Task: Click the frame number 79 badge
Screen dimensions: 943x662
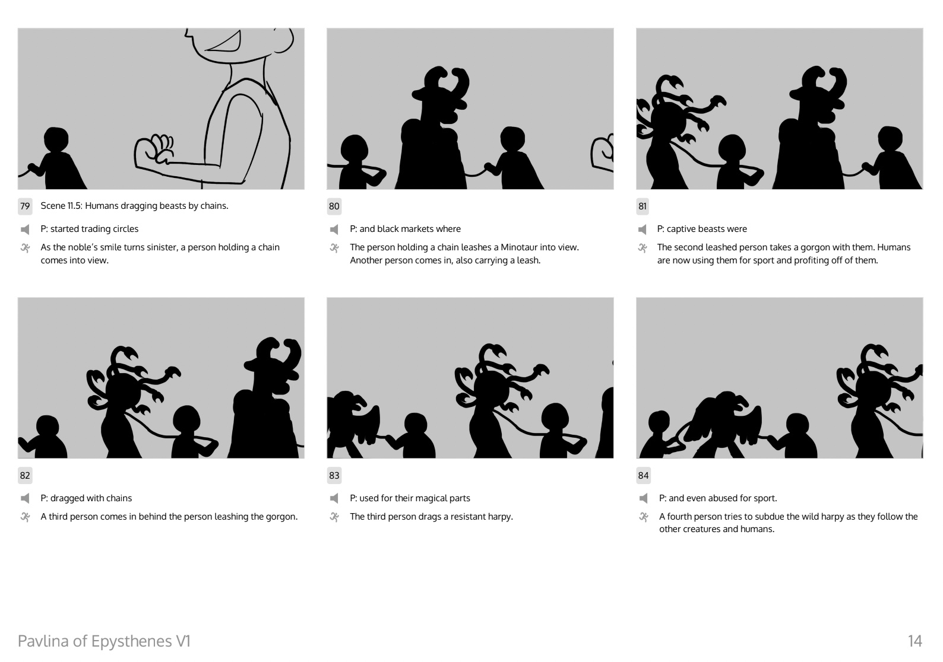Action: tap(25, 206)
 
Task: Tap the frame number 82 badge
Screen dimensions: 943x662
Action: tap(25, 475)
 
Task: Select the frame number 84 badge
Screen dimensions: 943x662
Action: tap(643, 475)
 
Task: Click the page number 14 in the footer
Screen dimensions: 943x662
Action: tap(915, 641)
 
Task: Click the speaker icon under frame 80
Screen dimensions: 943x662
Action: tap(334, 229)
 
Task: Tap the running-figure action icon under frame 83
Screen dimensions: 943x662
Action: tap(334, 517)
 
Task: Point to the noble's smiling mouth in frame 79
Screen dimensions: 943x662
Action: tap(224, 43)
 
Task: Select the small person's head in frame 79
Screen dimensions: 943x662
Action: tap(56, 139)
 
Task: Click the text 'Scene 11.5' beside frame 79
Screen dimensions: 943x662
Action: tap(61, 206)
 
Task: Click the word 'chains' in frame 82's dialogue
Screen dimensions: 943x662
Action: tap(119, 498)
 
